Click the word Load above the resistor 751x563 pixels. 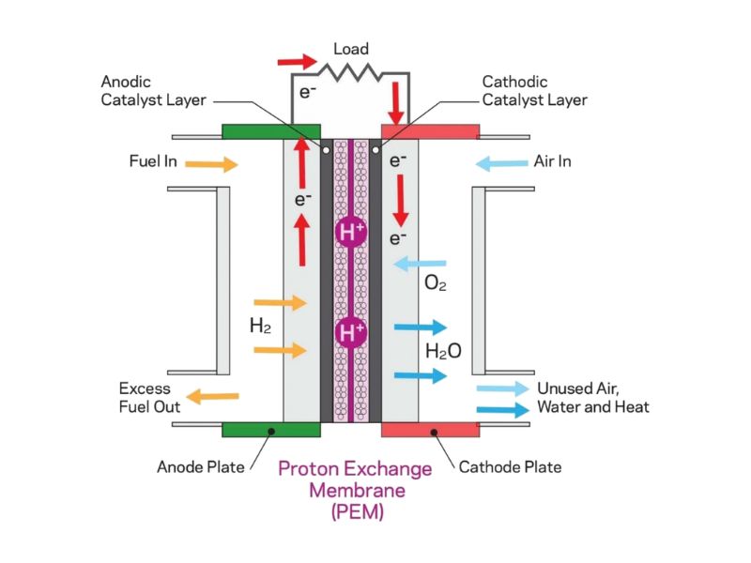[351, 49]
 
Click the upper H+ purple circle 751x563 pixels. [350, 232]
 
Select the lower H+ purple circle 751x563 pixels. [350, 332]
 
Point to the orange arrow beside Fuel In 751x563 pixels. [211, 164]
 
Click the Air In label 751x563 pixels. [552, 161]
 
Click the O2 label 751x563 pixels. [436, 282]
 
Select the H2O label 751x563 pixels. [442, 352]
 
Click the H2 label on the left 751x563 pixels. [260, 327]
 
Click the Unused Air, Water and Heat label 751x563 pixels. [592, 398]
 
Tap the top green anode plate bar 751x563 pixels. [271, 131]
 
